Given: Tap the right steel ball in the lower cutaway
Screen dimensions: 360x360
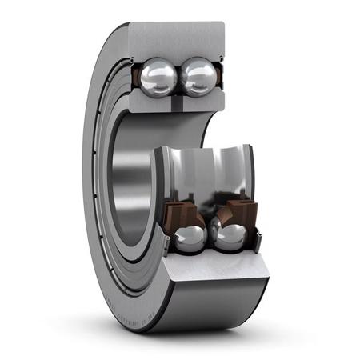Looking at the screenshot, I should click(230, 237).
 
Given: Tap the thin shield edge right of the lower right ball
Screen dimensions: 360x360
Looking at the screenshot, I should click(258, 236).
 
